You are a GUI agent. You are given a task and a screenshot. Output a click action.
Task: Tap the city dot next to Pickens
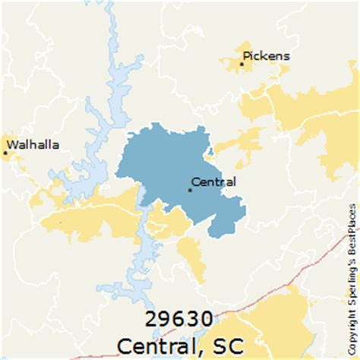242,65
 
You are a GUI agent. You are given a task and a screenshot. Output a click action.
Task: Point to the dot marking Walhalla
5,153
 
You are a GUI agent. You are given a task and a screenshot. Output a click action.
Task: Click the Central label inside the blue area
214,182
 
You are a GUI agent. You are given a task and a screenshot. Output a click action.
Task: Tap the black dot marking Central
190,190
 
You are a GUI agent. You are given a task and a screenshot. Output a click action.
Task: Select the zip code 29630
181,320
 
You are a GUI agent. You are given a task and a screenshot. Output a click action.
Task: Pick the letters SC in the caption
228,346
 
